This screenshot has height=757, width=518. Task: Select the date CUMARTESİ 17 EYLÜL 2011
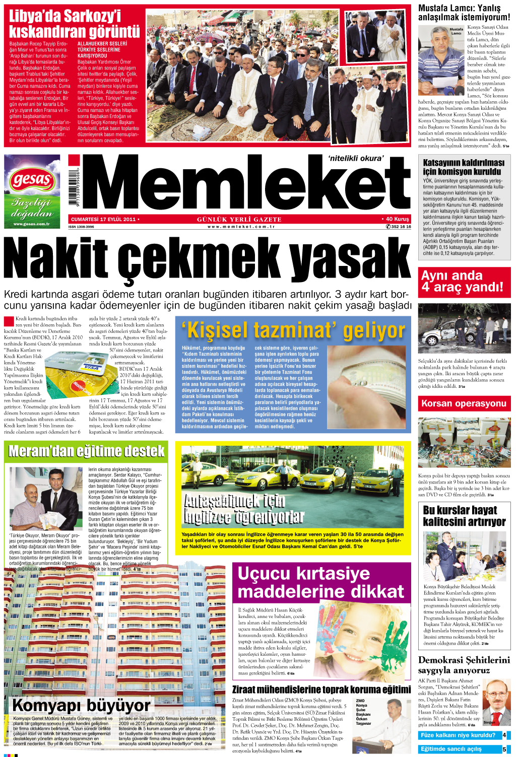pyautogui.click(x=103, y=220)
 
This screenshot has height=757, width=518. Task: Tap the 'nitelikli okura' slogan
pyautogui.click(x=356, y=158)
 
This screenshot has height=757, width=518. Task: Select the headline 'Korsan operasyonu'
pyautogui.click(x=464, y=403)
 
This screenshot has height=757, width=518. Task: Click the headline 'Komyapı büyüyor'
pyautogui.click(x=81, y=705)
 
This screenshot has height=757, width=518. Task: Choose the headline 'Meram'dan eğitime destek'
pyautogui.click(x=87, y=451)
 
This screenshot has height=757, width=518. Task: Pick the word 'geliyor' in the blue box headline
pyautogui.click(x=373, y=331)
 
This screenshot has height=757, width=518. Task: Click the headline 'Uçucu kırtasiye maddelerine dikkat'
pyautogui.click(x=320, y=582)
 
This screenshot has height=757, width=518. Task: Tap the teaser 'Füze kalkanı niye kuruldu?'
pyautogui.click(x=458, y=735)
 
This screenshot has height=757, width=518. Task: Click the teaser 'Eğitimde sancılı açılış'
pyautogui.click(x=451, y=749)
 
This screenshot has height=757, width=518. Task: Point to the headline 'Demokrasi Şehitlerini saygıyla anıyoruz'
pyautogui.click(x=464, y=665)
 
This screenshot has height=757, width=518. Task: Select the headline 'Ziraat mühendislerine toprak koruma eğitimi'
pyautogui.click(x=321, y=690)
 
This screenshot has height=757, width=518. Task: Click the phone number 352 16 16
pyautogui.click(x=401, y=227)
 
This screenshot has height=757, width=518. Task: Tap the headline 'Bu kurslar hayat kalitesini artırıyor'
pyautogui.click(x=464, y=516)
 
